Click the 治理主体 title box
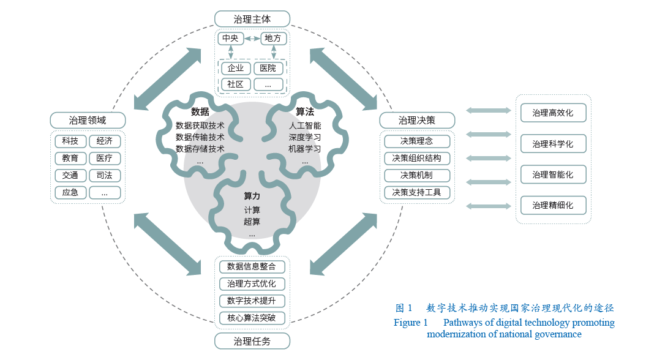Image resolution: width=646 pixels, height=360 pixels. (x=252, y=19)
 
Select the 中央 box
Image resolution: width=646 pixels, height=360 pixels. (x=230, y=39)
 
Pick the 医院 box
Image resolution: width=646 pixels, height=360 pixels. (x=268, y=69)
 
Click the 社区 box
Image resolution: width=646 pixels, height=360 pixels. (x=236, y=84)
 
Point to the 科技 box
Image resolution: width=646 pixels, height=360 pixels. (x=70, y=141)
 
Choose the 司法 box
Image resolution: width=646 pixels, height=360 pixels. (x=105, y=176)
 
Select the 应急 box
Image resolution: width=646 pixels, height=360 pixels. (x=70, y=193)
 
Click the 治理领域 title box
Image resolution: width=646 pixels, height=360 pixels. (x=88, y=120)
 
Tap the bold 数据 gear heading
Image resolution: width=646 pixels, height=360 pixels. (x=200, y=112)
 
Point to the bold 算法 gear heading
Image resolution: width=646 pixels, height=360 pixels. (x=304, y=112)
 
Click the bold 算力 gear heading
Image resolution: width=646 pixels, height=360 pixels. (x=252, y=197)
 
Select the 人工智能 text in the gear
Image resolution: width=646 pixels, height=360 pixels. (x=304, y=126)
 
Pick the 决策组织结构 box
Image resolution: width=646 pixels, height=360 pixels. (x=417, y=159)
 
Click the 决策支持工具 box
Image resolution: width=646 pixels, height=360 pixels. (x=417, y=193)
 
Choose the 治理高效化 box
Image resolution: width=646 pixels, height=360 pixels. (x=553, y=113)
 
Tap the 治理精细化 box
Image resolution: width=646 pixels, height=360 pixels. (x=553, y=206)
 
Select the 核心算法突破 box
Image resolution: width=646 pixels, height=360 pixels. (x=252, y=318)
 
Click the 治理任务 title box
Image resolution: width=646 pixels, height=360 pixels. (x=252, y=341)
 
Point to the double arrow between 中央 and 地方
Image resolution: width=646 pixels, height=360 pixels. (x=252, y=39)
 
